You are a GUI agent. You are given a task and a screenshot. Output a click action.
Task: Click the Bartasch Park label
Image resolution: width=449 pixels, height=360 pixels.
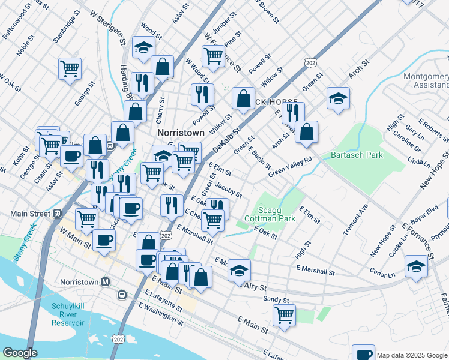coord(357,155)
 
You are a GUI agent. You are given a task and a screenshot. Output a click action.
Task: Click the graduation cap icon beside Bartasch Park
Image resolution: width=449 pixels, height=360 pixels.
coord(338,99)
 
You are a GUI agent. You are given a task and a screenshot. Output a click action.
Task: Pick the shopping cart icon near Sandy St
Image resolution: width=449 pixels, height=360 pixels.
coord(284,314)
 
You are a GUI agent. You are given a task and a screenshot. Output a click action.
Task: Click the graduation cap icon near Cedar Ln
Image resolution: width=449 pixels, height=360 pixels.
coord(416,265)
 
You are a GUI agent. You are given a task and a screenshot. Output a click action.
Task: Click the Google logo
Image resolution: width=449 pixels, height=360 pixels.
coord(20,353)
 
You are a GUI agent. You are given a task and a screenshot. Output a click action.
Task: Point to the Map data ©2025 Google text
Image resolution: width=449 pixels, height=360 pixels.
coord(412,355)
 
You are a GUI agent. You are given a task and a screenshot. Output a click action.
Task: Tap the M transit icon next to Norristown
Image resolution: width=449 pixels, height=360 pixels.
coord(106,281)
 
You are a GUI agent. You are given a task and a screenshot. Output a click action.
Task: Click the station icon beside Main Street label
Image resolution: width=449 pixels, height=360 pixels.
coord(58,213)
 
